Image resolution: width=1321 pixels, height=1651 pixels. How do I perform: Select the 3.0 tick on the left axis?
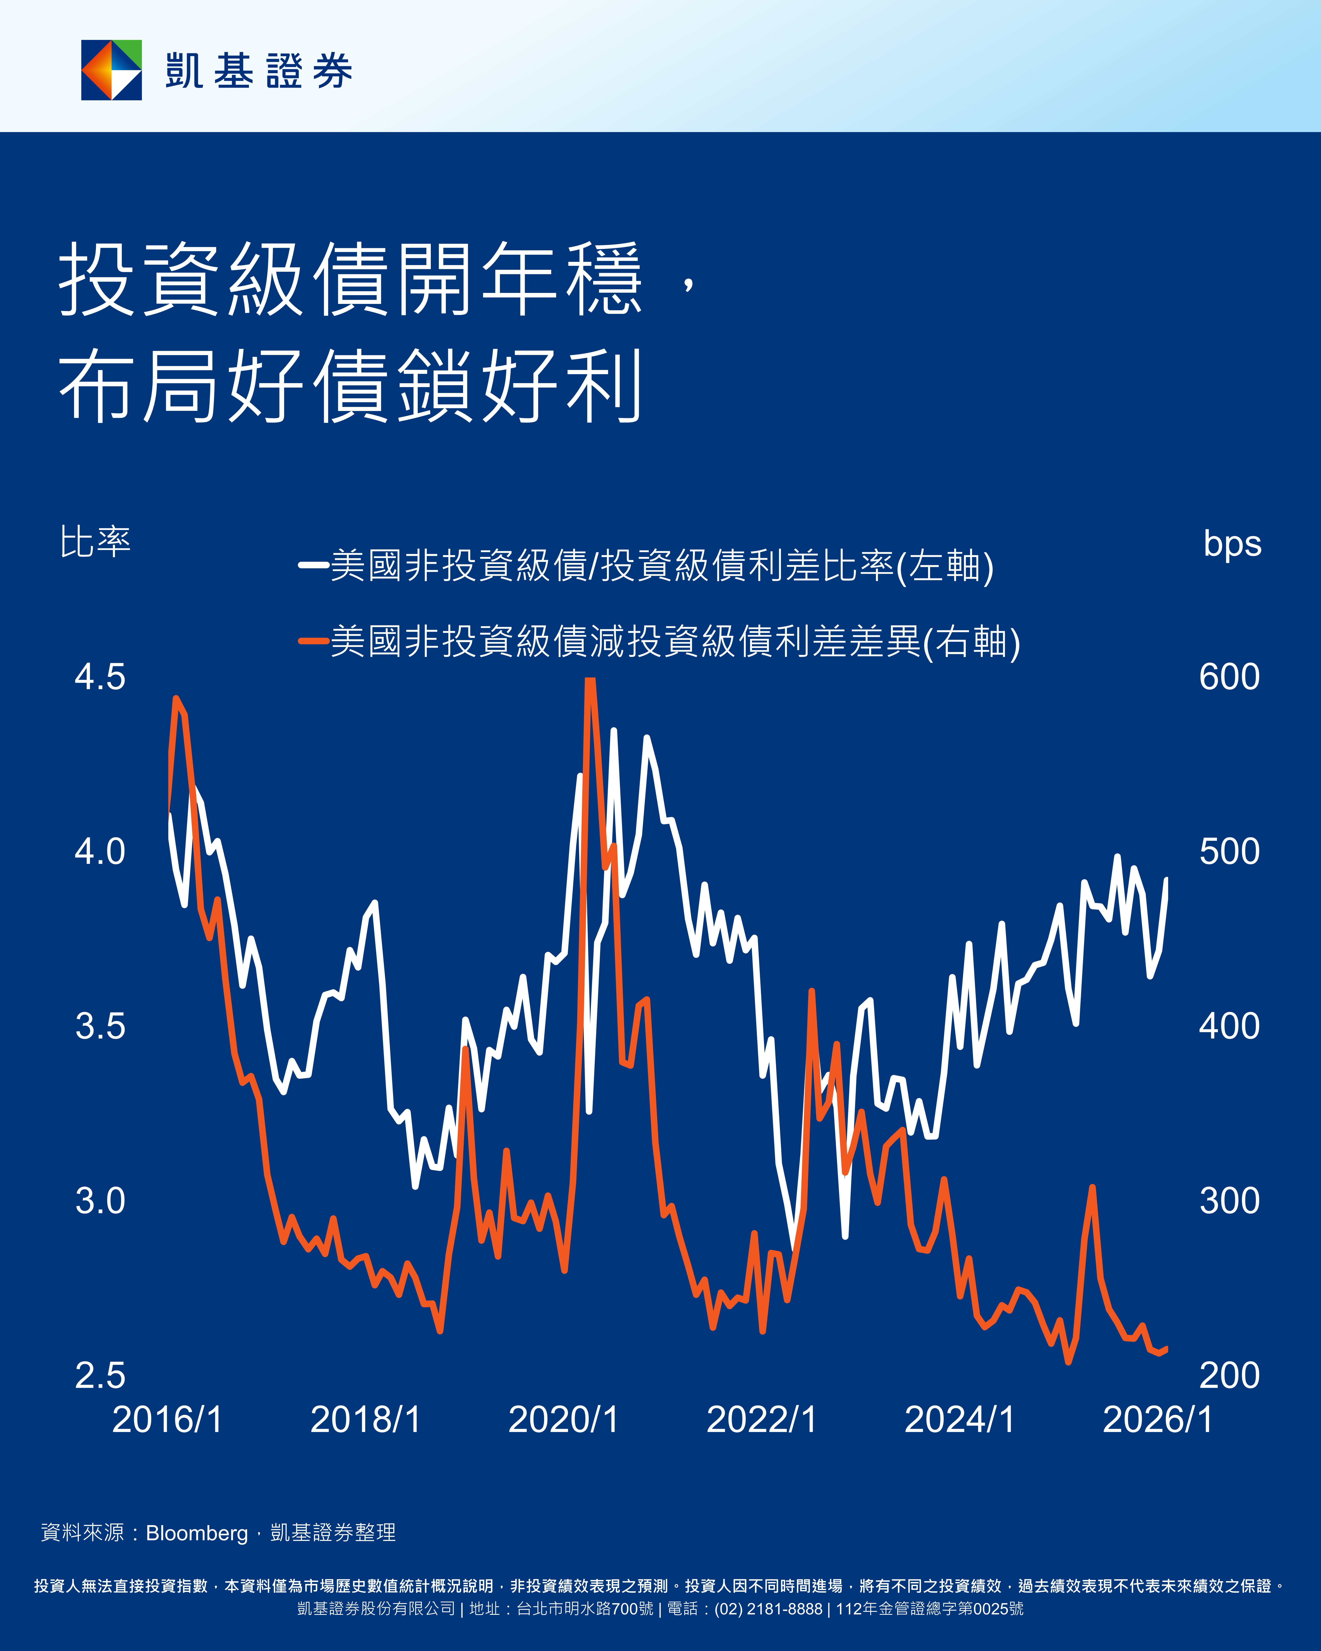click(x=99, y=1201)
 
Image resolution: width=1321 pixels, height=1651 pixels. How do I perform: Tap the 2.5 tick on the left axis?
click(x=99, y=1375)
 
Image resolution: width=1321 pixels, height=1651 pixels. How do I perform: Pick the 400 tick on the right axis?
click(x=1229, y=1026)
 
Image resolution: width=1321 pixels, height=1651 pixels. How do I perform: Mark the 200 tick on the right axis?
click(x=1229, y=1375)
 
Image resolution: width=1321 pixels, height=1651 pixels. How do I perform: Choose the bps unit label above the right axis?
click(x=1232, y=544)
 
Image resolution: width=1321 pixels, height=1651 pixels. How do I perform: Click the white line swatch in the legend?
click(x=313, y=566)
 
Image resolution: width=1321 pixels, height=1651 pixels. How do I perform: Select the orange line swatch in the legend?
click(x=313, y=641)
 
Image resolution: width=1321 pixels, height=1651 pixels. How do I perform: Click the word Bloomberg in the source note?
click(x=197, y=1533)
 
